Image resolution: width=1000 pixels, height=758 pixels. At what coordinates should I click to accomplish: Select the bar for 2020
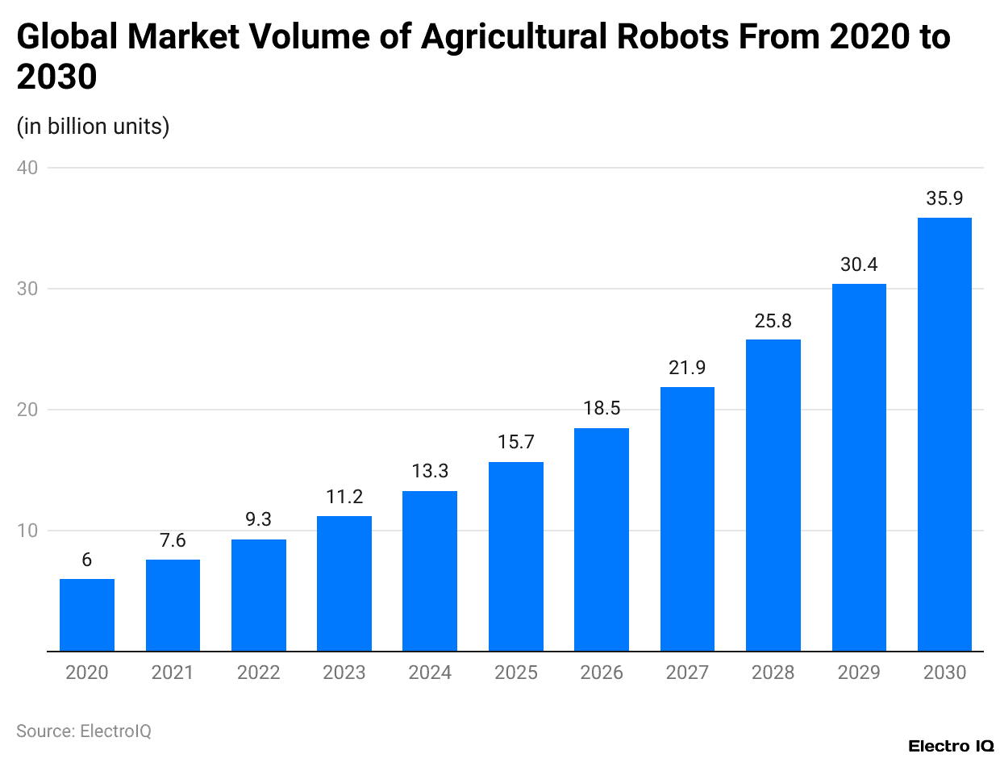(x=87, y=614)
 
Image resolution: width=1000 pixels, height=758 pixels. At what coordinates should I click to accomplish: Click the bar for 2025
(x=516, y=556)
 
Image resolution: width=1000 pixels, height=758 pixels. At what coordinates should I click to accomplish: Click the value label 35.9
(x=944, y=198)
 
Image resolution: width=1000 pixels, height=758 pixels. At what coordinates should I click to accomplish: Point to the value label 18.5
(x=602, y=409)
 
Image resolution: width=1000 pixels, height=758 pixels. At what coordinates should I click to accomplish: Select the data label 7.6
(x=173, y=540)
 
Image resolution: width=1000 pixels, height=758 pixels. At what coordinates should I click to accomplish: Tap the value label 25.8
(x=773, y=320)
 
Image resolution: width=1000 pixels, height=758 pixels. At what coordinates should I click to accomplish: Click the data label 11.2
(x=344, y=497)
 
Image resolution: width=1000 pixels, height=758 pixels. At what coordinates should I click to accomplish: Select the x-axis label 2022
(x=259, y=673)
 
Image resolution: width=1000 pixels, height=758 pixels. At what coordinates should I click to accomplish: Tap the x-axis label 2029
(x=859, y=673)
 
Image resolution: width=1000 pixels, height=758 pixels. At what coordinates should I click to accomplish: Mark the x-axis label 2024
(x=430, y=673)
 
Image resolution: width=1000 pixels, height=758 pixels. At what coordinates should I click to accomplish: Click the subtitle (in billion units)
(x=93, y=127)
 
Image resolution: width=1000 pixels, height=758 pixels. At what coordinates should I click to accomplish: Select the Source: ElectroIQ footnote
(x=84, y=731)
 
